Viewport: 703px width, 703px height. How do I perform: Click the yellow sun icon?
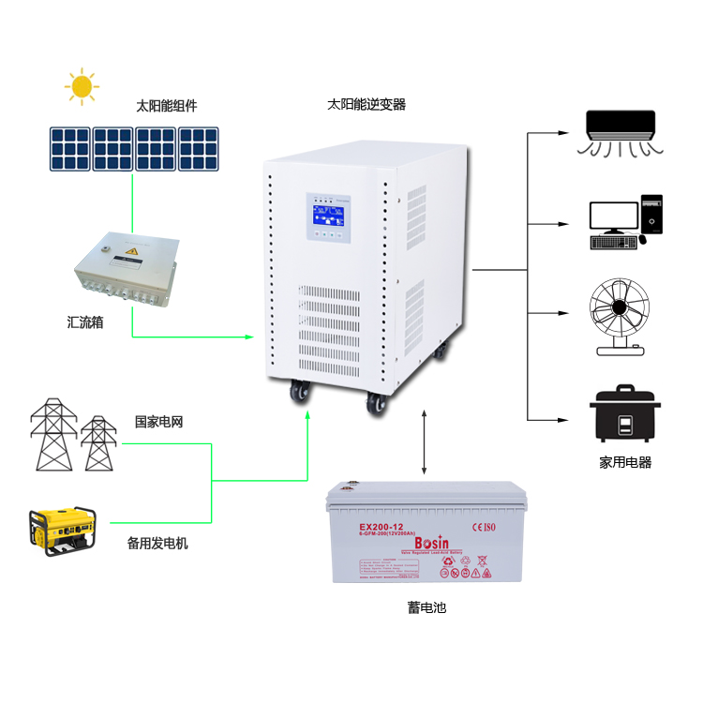point(82,86)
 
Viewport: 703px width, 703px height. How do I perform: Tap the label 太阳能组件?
point(167,106)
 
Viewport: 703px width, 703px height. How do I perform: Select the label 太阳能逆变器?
point(366,104)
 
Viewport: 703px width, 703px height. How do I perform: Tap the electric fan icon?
point(621,315)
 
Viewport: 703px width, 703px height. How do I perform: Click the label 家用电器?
point(625,462)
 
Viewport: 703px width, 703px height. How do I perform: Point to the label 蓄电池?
point(426,607)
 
